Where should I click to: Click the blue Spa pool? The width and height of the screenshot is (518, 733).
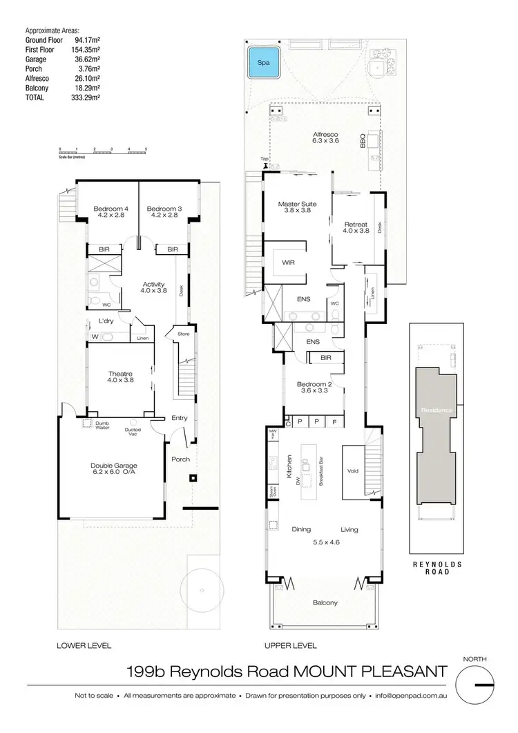coord(263,62)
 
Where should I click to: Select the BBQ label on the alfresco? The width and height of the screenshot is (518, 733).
coord(362,141)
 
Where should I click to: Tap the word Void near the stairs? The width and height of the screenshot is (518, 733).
coord(353,471)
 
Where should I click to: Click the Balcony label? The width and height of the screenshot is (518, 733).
coord(325,602)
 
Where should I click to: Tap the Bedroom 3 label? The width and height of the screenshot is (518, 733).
coord(164,209)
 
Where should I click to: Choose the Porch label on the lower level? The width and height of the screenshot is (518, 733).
coord(180,459)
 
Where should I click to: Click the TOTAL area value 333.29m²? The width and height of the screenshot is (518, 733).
coord(87,98)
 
